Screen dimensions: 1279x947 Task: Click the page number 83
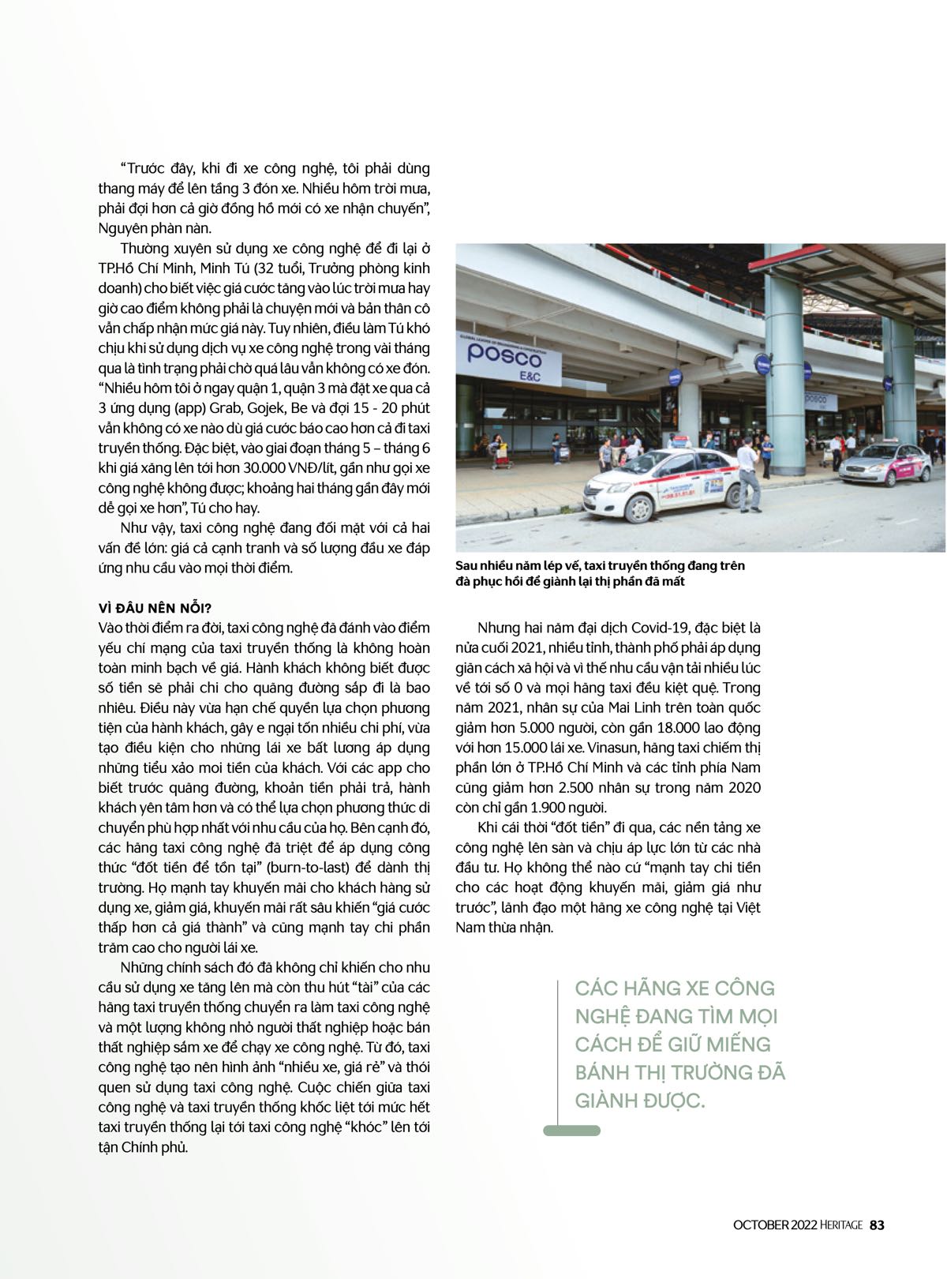point(877,1225)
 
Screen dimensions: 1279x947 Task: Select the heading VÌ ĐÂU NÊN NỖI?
point(155,608)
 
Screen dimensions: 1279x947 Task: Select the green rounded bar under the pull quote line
point(571,1131)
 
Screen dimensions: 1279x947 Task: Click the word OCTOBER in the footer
point(761,1225)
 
